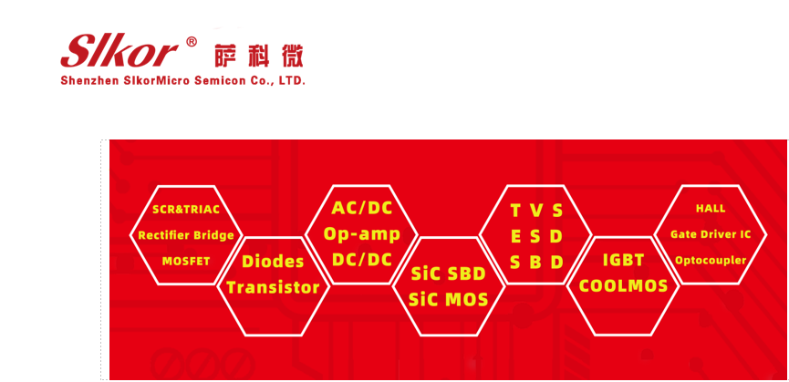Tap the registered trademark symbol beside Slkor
192,41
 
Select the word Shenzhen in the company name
90,81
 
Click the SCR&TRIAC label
186,209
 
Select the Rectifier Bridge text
186,235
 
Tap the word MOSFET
186,261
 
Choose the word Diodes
273,262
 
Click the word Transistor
273,288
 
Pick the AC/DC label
361,208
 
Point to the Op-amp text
361,233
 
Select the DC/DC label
361,259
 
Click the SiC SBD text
449,274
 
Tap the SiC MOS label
449,299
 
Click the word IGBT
624,260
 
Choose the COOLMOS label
624,285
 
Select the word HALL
711,209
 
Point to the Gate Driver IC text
711,234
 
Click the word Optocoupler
711,261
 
